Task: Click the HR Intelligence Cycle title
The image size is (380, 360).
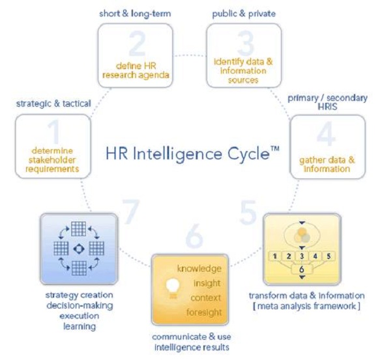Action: [192, 154]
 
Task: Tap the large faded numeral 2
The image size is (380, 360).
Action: [137, 44]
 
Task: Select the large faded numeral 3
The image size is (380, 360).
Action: [246, 44]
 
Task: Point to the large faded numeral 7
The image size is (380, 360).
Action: [131, 212]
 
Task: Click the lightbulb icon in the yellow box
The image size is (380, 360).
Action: [173, 288]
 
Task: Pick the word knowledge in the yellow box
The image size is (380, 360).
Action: [199, 269]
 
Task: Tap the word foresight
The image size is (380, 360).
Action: [204, 312]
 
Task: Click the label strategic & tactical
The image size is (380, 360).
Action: [53, 104]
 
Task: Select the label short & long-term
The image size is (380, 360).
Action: [135, 14]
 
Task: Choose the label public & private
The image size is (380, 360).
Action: [244, 14]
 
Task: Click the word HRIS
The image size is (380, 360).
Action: [327, 107]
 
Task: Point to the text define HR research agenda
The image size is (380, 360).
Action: [136, 70]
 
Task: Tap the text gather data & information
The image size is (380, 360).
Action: [327, 165]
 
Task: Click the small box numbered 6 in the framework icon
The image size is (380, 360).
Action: [302, 270]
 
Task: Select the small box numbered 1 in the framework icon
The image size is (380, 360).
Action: [275, 256]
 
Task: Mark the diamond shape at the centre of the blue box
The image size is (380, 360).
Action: [79, 249]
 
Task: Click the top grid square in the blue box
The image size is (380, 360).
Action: [78, 228]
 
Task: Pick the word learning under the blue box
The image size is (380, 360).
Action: [80, 326]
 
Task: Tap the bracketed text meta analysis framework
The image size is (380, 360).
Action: [306, 306]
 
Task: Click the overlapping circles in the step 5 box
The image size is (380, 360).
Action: [302, 235]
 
